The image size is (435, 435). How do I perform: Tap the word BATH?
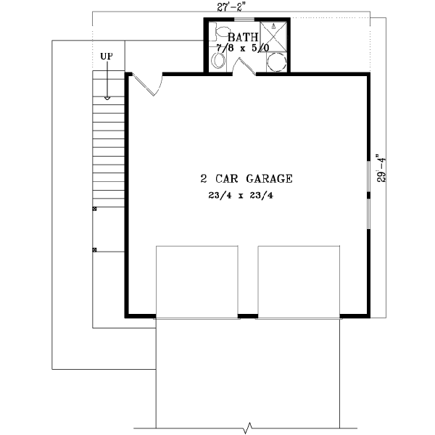[241, 37]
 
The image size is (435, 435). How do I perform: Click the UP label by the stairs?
[107, 56]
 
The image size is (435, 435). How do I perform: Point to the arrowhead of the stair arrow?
[107, 97]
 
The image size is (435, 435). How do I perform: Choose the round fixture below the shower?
[275, 63]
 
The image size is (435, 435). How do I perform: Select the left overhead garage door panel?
[197, 281]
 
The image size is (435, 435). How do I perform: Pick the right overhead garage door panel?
[299, 281]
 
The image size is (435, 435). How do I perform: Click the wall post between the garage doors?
[248, 316]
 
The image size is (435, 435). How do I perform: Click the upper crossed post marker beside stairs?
[94, 210]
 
